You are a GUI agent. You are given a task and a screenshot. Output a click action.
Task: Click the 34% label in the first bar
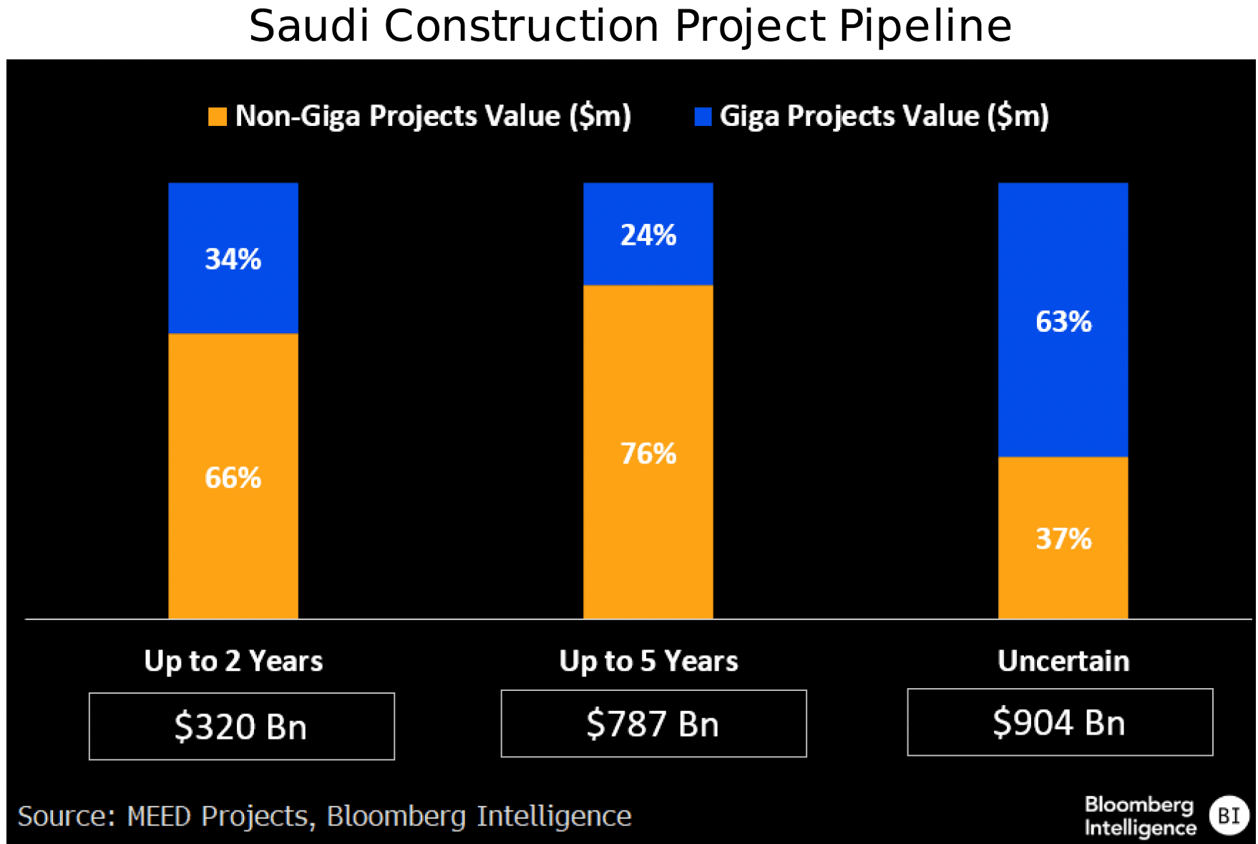pyautogui.click(x=233, y=259)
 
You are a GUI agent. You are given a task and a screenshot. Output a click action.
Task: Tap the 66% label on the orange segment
pyautogui.click(x=233, y=478)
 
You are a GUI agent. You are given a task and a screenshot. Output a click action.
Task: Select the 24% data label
pyautogui.click(x=648, y=235)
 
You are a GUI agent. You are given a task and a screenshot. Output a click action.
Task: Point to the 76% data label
pyautogui.click(x=648, y=453)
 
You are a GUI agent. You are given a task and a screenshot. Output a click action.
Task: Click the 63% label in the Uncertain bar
pyautogui.click(x=1063, y=322)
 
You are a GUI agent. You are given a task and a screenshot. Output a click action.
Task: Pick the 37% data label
pyautogui.click(x=1063, y=539)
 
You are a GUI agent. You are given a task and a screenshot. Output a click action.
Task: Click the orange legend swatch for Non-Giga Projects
pyautogui.click(x=218, y=117)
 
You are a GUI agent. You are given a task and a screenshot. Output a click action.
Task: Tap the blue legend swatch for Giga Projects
pyautogui.click(x=703, y=117)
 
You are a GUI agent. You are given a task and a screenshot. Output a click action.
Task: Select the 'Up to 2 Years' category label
pyautogui.click(x=233, y=661)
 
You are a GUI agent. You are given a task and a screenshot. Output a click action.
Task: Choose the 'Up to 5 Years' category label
pyautogui.click(x=648, y=661)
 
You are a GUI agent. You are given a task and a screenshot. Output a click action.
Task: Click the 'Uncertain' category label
pyautogui.click(x=1063, y=661)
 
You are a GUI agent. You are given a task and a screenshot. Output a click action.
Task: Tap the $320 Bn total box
pyautogui.click(x=241, y=726)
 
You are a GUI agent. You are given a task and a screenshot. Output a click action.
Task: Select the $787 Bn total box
pyautogui.click(x=653, y=723)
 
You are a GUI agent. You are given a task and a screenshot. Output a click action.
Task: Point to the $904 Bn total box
pyautogui.click(x=1060, y=722)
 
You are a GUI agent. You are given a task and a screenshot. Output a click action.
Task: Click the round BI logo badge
pyautogui.click(x=1229, y=815)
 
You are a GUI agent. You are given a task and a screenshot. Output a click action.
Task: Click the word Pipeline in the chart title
pyautogui.click(x=925, y=26)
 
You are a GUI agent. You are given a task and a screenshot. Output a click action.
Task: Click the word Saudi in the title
pyautogui.click(x=308, y=26)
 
